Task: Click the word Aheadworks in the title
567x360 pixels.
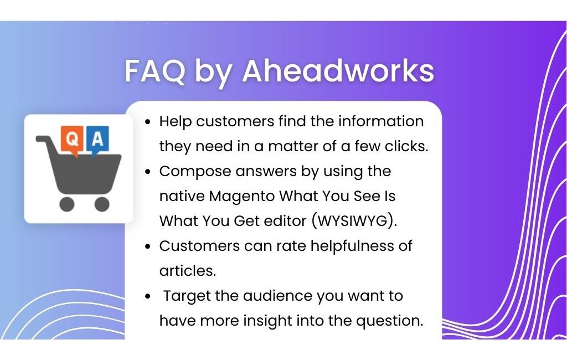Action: pos(338,70)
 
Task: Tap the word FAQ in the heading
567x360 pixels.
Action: pos(155,71)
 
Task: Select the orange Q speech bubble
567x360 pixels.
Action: pos(72,140)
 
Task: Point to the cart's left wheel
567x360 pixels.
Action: pos(67,204)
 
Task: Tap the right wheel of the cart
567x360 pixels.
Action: pos(102,204)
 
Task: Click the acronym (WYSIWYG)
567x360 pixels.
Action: pos(354,220)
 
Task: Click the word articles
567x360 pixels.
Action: pos(187,271)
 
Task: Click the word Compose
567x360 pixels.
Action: pos(195,172)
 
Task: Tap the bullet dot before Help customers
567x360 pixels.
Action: pos(147,122)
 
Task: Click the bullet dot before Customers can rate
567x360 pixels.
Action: pos(147,247)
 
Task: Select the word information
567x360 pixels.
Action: pos(381,121)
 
